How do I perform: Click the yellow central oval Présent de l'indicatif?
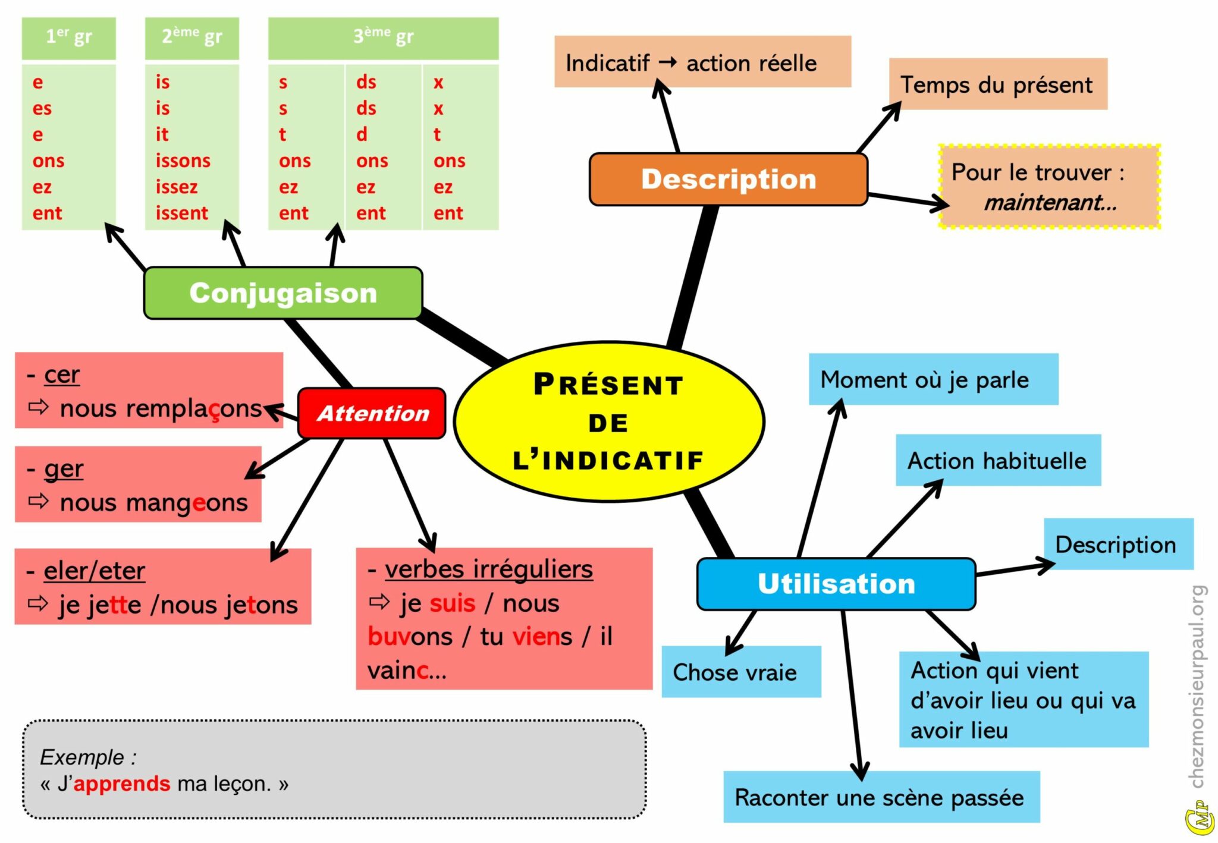point(608,421)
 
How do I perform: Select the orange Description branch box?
point(728,180)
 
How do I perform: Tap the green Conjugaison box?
point(283,293)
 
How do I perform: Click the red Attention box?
point(372,413)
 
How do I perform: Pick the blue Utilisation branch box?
point(836,584)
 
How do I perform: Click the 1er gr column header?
point(69,37)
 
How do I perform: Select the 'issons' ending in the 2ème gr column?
point(183,161)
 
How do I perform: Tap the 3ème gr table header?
point(383,37)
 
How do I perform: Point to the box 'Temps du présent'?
point(997,84)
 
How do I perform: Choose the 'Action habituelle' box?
point(997,461)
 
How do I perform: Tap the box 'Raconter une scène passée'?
point(881,797)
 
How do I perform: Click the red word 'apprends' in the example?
point(122,784)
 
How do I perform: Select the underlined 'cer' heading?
point(61,375)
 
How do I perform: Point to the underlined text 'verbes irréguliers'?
point(488,569)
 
